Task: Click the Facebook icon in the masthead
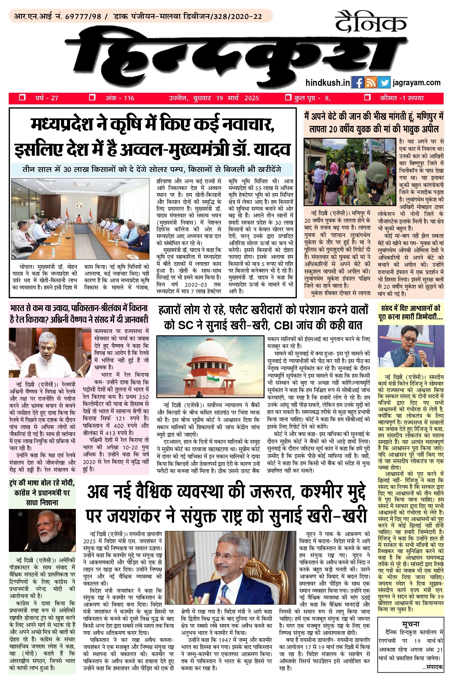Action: [357, 83]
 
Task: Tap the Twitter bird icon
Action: [384, 83]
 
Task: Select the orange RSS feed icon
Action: [371, 83]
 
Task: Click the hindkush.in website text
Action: [328, 83]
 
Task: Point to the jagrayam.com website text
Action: [416, 83]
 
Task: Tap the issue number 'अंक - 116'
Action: [120, 98]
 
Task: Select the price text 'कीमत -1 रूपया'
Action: [402, 98]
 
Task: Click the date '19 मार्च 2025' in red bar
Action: [237, 98]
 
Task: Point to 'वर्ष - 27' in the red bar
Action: [47, 98]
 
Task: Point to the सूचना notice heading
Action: [411, 624]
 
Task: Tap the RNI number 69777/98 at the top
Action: [83, 17]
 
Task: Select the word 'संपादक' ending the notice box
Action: [435, 666]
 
